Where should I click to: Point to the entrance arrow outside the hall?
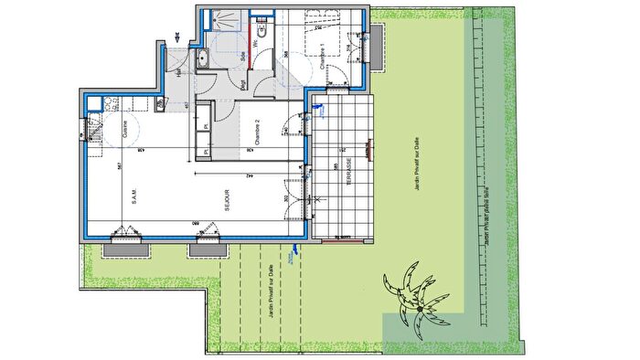pos(176,38)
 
